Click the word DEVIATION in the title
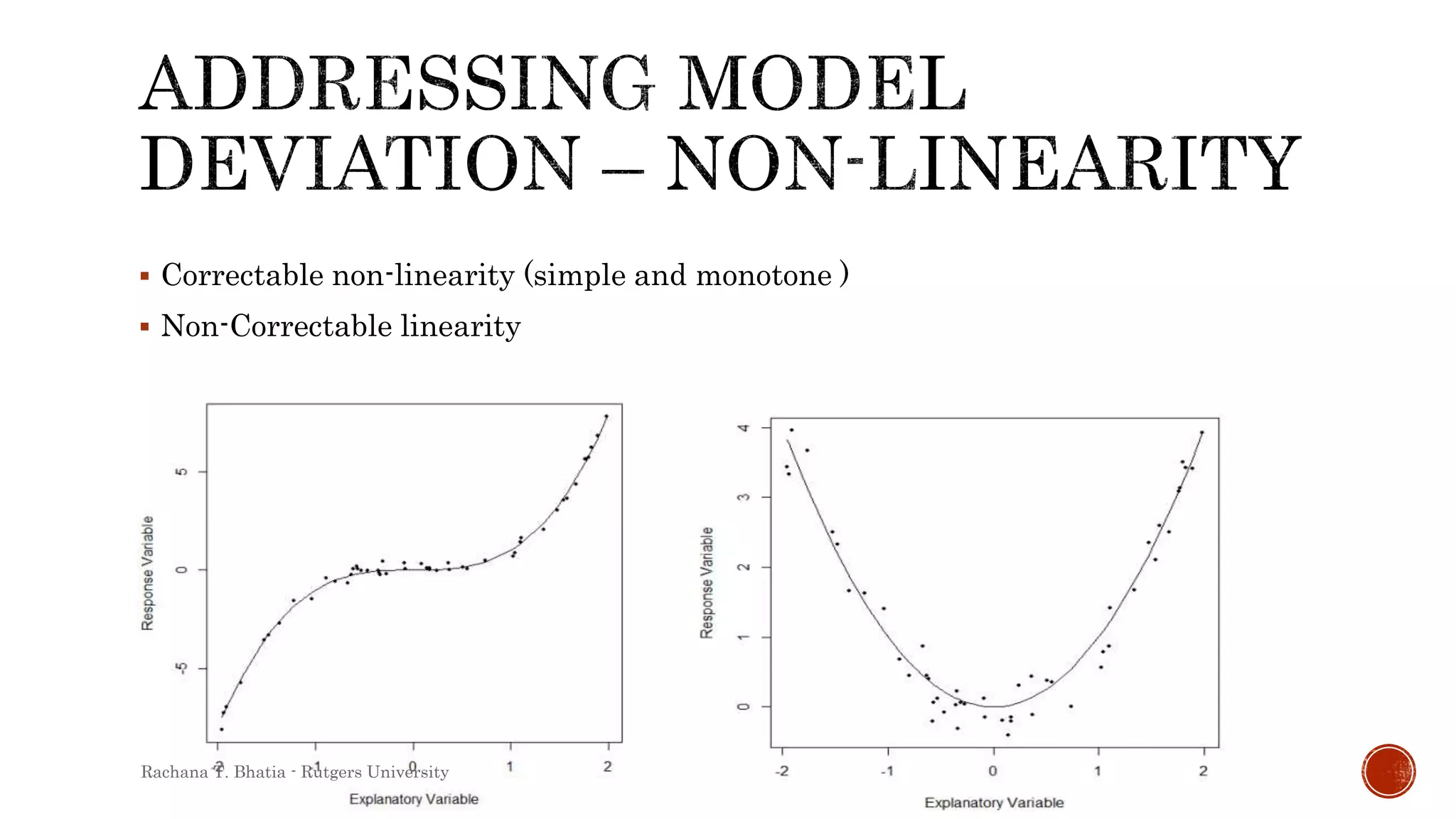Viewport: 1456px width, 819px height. pos(359,165)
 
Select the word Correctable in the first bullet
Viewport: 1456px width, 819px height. pos(242,276)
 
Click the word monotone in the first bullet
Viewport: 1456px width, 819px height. pos(764,276)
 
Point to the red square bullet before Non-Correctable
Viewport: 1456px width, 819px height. pos(145,327)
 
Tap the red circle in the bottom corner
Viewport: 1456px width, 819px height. pos(1388,771)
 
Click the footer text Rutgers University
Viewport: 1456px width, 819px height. pos(375,772)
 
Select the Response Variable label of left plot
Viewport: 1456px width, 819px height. pos(147,573)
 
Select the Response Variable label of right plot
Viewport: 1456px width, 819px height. pos(707,583)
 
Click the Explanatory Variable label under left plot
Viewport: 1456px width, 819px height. pos(414,799)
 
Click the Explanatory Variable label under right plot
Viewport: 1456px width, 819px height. pos(994,803)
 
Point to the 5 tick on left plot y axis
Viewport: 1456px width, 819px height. pos(182,472)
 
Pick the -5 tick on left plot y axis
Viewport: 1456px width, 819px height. pos(182,668)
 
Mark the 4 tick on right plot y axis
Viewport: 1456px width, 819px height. pos(744,428)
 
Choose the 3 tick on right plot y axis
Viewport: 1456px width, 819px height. pos(744,497)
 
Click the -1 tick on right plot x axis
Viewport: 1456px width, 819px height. pos(887,771)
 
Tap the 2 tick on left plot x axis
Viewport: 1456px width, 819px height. pos(607,766)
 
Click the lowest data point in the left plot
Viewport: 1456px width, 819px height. pos(221,729)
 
